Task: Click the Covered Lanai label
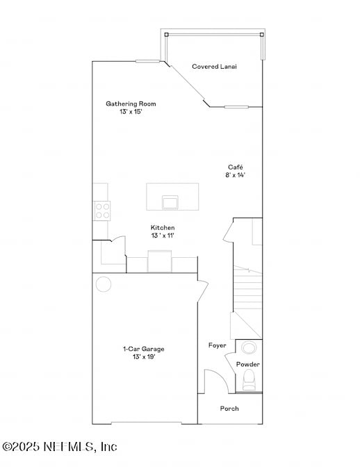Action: [x=215, y=67]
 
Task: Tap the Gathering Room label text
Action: [x=126, y=104]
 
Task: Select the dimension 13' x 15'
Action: [x=131, y=111]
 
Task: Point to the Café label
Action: [x=236, y=167]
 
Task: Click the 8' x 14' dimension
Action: [x=236, y=175]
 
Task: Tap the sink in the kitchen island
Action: [x=170, y=202]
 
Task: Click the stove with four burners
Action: [x=102, y=210]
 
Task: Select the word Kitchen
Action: [x=163, y=228]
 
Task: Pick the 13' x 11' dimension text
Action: [x=163, y=236]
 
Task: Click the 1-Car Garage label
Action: [x=144, y=349]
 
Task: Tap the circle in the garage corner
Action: [x=104, y=284]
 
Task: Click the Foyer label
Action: [x=218, y=345]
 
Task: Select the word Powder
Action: [x=248, y=364]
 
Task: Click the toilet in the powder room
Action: [x=249, y=379]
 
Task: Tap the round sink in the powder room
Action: [x=249, y=347]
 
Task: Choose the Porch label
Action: [x=229, y=409]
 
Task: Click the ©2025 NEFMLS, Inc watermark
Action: [x=60, y=446]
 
